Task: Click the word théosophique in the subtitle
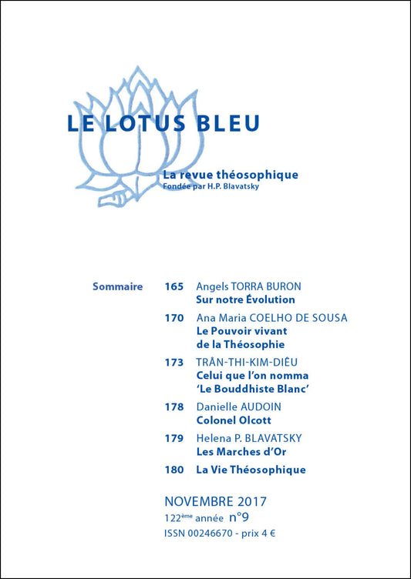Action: (x=258, y=175)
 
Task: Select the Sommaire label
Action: (x=117, y=286)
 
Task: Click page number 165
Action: (x=173, y=286)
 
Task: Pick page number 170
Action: (x=173, y=318)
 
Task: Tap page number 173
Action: (x=173, y=362)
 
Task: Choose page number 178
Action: (x=173, y=406)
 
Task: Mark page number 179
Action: (x=173, y=438)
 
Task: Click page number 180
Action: (x=173, y=470)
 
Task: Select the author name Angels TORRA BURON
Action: (x=248, y=286)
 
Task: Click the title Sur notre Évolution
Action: (x=245, y=300)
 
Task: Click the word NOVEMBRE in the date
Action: (x=199, y=502)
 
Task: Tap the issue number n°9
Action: (x=238, y=518)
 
